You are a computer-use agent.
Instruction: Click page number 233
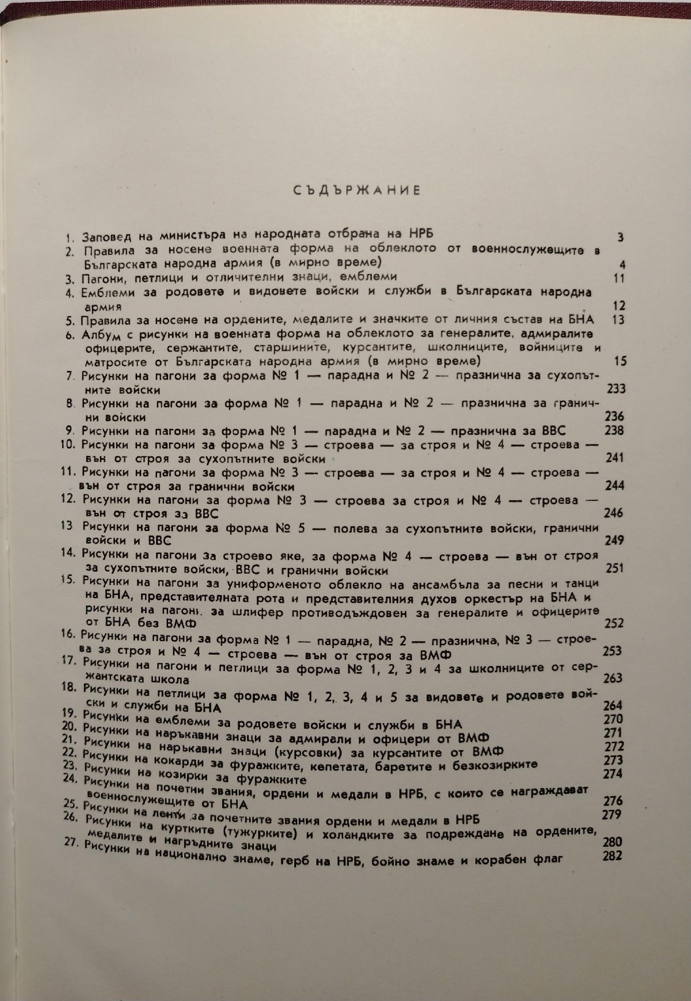point(615,388)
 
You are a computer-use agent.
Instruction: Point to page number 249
point(614,540)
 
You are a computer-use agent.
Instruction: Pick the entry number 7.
point(70,376)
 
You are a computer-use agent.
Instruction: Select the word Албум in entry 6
point(101,336)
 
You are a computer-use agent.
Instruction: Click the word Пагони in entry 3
point(102,277)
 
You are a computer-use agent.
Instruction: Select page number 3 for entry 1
point(620,237)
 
